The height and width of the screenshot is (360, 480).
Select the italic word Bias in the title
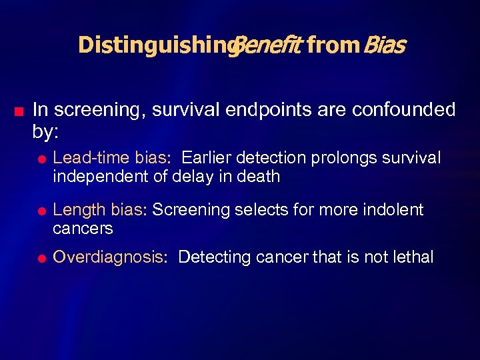[383, 45]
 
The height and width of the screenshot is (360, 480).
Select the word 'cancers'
[83, 229]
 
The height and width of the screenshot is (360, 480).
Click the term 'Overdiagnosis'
[109, 257]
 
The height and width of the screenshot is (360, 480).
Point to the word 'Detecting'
[211, 257]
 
